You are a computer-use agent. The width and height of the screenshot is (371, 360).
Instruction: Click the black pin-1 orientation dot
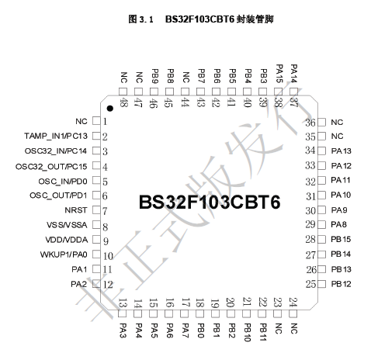110,109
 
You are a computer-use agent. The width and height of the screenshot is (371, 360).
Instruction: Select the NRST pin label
76,210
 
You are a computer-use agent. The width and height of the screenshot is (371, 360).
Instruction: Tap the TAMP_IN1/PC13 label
56,136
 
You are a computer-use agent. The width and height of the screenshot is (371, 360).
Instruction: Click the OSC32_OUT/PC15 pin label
51,167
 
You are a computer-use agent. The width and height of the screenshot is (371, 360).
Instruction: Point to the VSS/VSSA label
67,225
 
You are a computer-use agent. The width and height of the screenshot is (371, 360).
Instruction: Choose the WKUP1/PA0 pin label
64,254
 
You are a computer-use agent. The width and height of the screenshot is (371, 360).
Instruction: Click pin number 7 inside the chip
105,211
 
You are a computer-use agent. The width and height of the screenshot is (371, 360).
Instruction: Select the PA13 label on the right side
341,151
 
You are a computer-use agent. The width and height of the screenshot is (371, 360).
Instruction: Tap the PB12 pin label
341,284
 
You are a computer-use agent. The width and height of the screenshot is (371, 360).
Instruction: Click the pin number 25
310,284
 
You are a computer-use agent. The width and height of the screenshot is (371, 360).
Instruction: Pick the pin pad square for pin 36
321,123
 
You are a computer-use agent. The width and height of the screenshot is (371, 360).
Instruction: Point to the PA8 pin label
338,224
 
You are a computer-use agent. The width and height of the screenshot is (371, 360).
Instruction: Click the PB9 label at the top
154,76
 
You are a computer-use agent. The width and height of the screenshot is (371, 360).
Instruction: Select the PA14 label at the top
293,74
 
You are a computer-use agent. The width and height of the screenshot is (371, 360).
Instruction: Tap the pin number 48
123,103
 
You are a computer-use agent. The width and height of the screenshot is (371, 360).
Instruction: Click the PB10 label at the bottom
247,333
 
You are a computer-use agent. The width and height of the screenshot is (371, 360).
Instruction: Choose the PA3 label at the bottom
123,331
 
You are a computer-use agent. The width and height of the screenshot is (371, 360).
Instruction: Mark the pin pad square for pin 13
122,314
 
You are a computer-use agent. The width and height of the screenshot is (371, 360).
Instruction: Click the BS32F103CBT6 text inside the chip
210,202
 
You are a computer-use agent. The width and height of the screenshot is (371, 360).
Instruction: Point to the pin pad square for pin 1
96,121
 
